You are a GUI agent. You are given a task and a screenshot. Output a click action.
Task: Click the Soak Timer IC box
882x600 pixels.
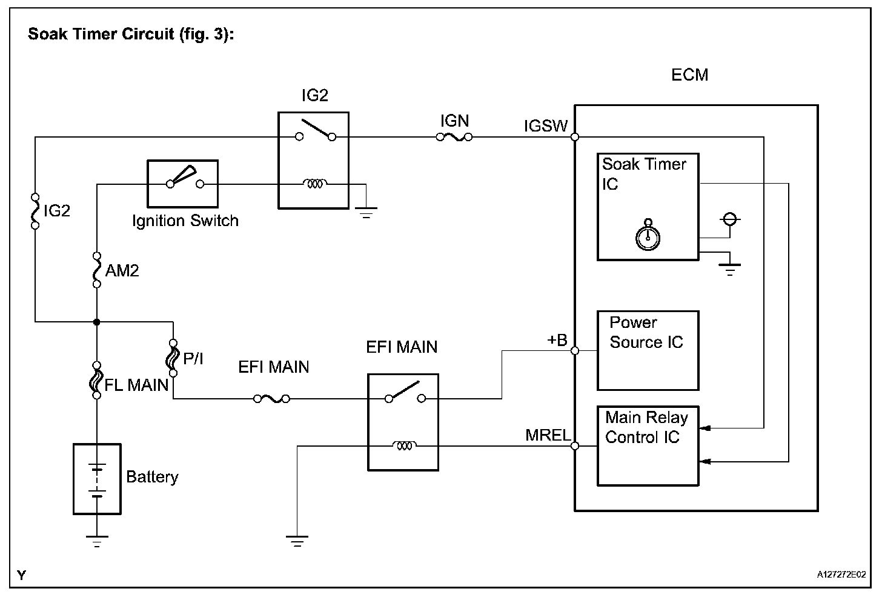[x=648, y=207]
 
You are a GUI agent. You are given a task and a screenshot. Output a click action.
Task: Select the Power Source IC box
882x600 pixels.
[x=648, y=350]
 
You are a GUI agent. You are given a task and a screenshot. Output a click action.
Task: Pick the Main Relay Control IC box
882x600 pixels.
[x=648, y=445]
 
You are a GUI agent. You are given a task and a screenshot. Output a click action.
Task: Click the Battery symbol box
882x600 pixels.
[x=97, y=479]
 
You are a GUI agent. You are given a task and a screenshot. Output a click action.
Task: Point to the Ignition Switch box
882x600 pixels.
[x=182, y=184]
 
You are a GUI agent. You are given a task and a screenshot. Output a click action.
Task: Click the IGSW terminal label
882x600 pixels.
[x=546, y=125]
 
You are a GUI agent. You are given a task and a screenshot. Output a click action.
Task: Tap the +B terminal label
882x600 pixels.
[x=557, y=341]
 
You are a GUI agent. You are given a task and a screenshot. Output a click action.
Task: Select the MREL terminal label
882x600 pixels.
[x=548, y=435]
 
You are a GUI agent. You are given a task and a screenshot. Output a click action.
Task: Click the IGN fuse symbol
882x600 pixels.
[x=454, y=138]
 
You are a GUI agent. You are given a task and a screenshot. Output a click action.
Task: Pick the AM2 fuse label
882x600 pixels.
[x=122, y=271]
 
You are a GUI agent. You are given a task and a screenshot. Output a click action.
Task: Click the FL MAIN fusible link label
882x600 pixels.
[x=136, y=385]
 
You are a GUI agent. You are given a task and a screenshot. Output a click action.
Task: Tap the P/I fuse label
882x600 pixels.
[x=193, y=359]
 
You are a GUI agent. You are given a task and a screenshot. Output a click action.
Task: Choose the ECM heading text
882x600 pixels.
[x=689, y=75]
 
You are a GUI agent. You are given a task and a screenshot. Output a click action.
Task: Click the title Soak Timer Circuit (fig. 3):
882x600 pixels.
[x=131, y=34]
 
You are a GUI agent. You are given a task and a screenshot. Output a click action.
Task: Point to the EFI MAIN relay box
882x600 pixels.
[x=403, y=422]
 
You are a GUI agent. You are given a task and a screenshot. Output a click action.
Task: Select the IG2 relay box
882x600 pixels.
[x=313, y=160]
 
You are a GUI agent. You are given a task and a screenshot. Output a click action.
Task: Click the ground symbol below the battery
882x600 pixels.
[x=97, y=541]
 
